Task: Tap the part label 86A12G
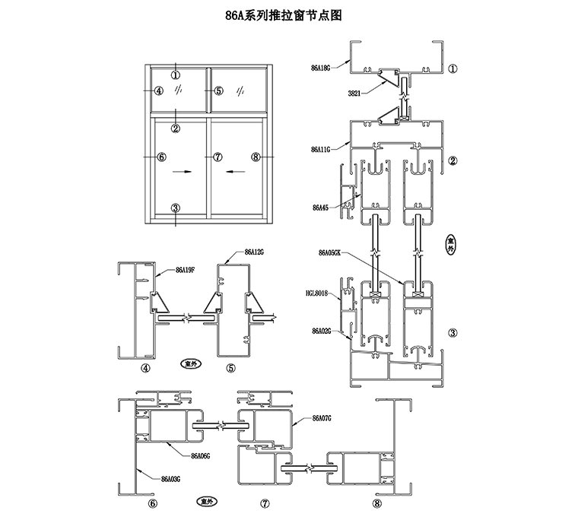coord(253,251)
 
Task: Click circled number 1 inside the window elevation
coord(176,75)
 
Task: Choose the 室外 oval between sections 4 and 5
coord(191,363)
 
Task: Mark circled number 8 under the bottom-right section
coord(379,503)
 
